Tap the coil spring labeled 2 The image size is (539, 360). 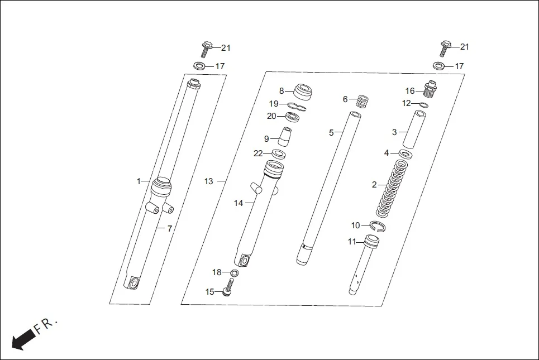pyautogui.click(x=394, y=189)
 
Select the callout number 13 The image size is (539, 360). pyautogui.click(x=208, y=181)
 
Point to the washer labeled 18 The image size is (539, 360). pyautogui.click(x=235, y=273)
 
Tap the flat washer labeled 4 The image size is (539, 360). pyautogui.click(x=406, y=153)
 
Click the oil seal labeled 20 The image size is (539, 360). pyautogui.click(x=292, y=117)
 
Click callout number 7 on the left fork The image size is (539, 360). pyautogui.click(x=170, y=228)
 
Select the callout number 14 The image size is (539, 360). pyautogui.click(x=239, y=203)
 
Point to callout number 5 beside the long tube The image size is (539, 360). pyautogui.click(x=331, y=133)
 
